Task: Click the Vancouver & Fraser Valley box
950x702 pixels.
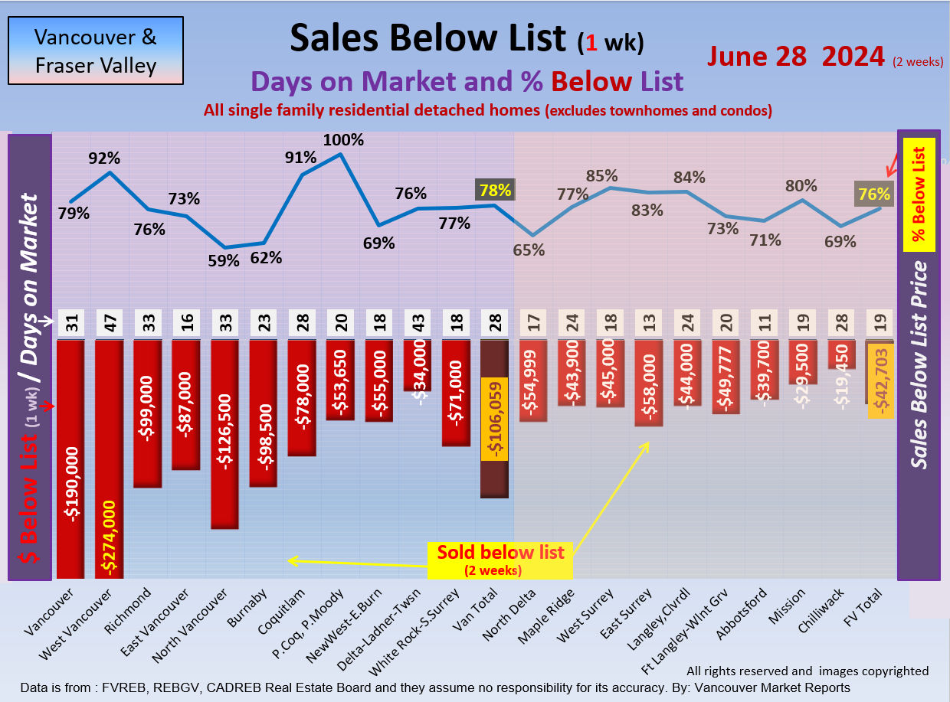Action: (x=96, y=51)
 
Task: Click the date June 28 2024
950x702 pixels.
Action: (x=796, y=56)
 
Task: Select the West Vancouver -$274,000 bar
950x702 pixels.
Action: (x=110, y=459)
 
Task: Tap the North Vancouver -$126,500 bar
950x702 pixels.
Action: (x=224, y=434)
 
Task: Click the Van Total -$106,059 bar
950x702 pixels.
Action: (x=494, y=419)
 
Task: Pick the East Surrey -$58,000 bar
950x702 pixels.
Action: (x=649, y=383)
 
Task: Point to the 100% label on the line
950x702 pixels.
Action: (x=343, y=141)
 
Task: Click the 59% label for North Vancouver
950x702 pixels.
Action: (x=224, y=260)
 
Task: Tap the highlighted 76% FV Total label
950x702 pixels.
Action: (x=874, y=194)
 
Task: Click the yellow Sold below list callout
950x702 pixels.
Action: (x=500, y=560)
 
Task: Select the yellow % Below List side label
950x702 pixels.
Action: (x=919, y=195)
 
